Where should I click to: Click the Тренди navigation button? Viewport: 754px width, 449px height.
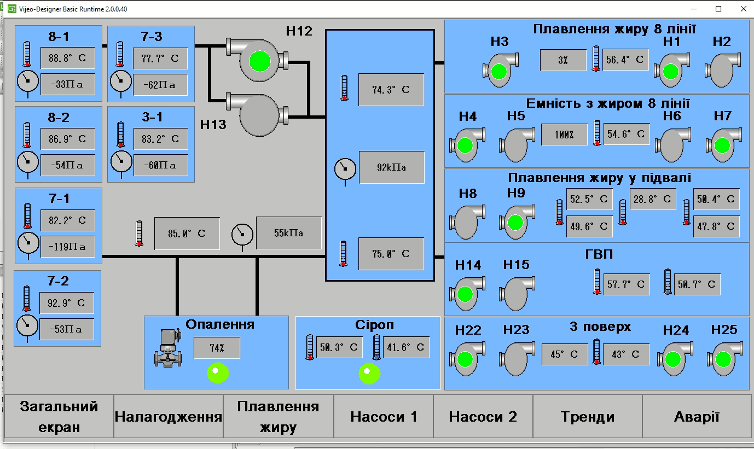pyautogui.click(x=587, y=417)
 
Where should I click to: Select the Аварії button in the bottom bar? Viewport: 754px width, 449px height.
pyautogui.click(x=697, y=417)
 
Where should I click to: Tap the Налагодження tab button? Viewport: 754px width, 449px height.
pyautogui.click(x=169, y=417)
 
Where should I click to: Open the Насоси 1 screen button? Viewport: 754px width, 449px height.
pyautogui.click(x=384, y=417)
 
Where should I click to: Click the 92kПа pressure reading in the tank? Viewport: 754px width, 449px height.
pyautogui.click(x=391, y=167)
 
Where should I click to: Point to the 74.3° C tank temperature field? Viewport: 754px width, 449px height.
pyautogui.click(x=391, y=90)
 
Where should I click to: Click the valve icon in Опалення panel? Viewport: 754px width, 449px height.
pyautogui.click(x=169, y=348)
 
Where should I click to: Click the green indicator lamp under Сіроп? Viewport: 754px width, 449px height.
pyautogui.click(x=369, y=374)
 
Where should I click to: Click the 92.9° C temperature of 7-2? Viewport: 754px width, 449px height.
pyautogui.click(x=67, y=303)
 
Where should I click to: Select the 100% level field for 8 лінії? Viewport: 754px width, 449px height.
pyautogui.click(x=564, y=135)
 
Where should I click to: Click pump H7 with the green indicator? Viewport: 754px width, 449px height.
pyautogui.click(x=723, y=145)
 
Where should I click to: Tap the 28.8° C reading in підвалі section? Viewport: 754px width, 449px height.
pyautogui.click(x=653, y=200)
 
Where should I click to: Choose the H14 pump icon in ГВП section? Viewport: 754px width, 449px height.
pyautogui.click(x=467, y=294)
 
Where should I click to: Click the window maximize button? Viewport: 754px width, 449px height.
pyautogui.click(x=718, y=9)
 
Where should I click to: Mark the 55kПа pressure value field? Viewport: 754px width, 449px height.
pyautogui.click(x=288, y=233)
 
